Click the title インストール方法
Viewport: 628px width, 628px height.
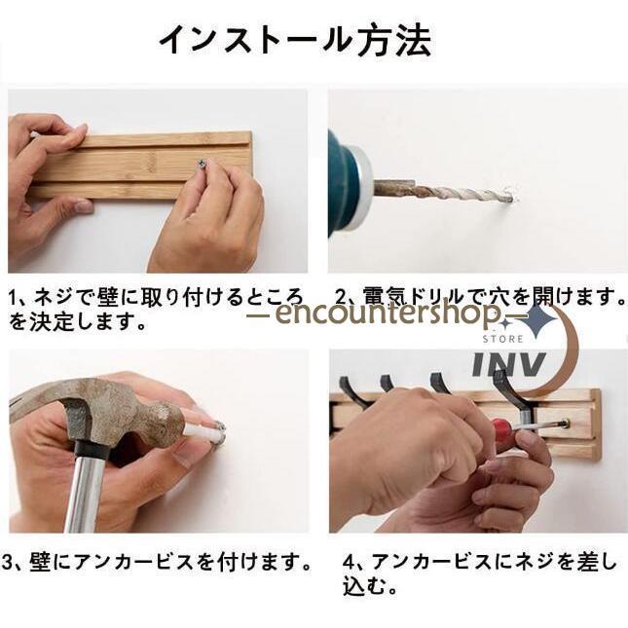(x=295, y=40)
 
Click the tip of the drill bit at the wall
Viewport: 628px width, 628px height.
(x=511, y=197)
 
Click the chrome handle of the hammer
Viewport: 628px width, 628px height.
(x=84, y=495)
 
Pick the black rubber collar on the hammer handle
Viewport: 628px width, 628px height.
(x=92, y=449)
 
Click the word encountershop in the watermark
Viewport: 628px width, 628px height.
(x=388, y=313)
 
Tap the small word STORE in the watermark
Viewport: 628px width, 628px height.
(x=502, y=339)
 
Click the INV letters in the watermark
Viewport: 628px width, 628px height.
(x=508, y=364)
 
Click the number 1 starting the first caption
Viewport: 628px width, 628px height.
(x=14, y=298)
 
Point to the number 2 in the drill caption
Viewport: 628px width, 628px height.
(x=340, y=297)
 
